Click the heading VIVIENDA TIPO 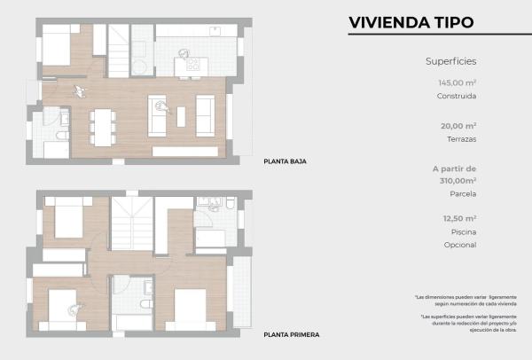(x=411, y=22)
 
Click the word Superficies (x=451, y=61)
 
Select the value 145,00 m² (x=457, y=82)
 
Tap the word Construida (x=457, y=97)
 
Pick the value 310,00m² (x=456, y=179)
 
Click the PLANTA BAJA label (x=285, y=162)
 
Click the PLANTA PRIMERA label (x=291, y=335)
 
